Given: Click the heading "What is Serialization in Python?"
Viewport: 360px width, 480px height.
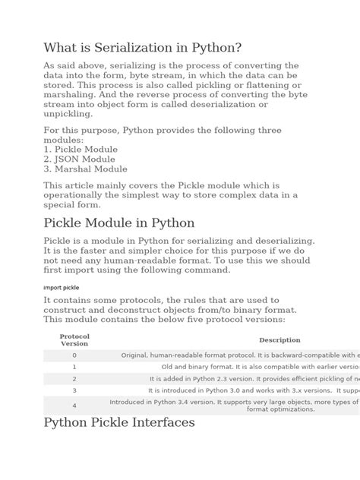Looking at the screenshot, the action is click(143, 47).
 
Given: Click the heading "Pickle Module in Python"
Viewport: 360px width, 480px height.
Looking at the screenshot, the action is click(120, 223).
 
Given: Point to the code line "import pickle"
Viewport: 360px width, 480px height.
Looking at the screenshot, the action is click(62, 288).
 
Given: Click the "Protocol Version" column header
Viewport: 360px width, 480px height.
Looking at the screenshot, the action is click(74, 339).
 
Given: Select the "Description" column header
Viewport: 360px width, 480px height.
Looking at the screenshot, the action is click(279, 340).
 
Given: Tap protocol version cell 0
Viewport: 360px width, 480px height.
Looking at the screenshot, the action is click(74, 355).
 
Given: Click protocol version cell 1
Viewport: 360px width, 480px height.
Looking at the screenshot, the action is click(74, 366).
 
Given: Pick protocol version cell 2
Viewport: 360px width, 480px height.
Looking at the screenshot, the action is click(74, 378).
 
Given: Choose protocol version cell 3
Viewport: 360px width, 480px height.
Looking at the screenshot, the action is click(74, 390).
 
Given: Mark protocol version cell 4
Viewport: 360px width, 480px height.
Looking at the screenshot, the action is click(74, 405).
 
